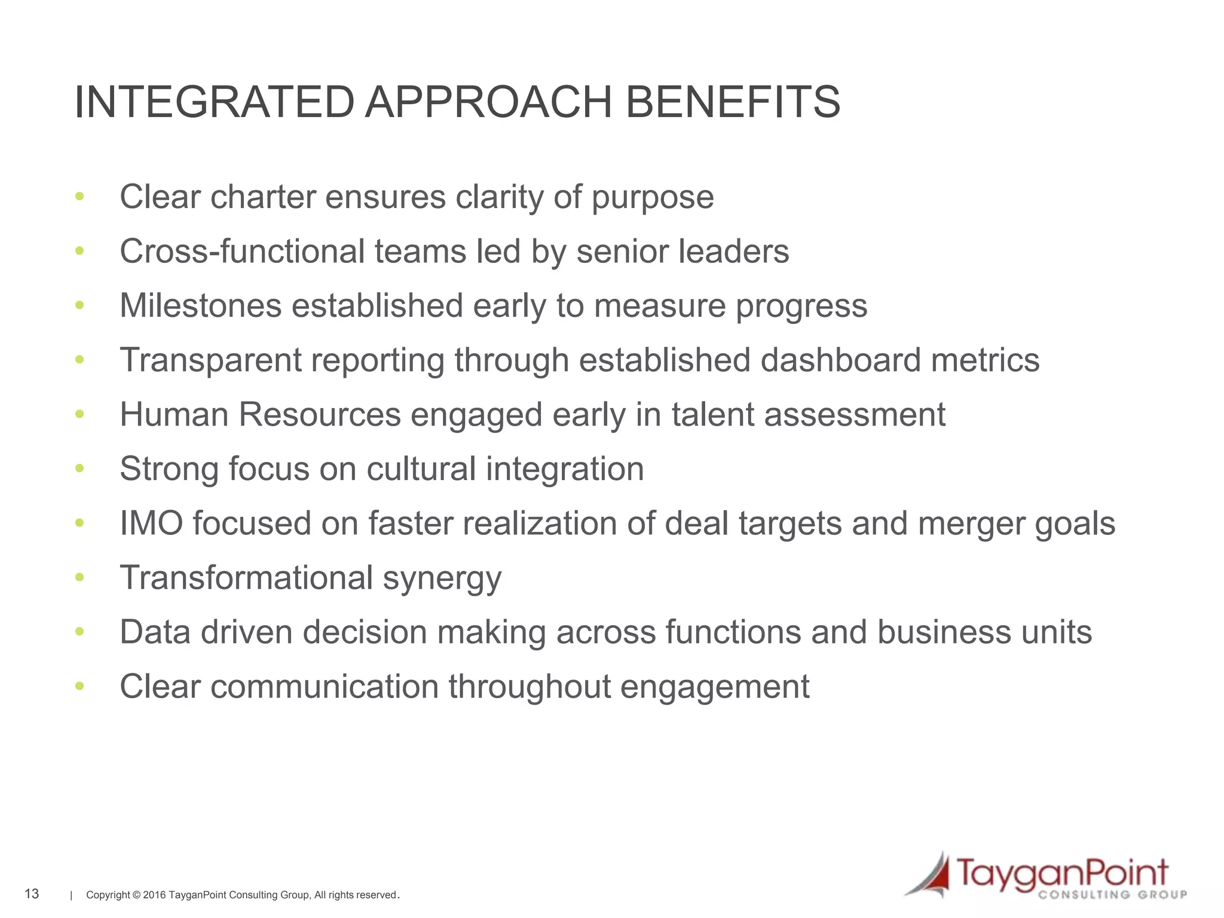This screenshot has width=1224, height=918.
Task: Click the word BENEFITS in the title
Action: (733, 102)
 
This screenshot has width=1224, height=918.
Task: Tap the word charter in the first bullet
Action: (263, 197)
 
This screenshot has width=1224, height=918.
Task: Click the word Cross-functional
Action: (242, 251)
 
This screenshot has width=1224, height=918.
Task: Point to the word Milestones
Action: (201, 305)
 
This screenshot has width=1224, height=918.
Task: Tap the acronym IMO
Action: (151, 523)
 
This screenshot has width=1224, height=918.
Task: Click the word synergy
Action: (442, 579)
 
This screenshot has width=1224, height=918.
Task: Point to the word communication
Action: (325, 686)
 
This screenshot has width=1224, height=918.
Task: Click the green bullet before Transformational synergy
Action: (79, 577)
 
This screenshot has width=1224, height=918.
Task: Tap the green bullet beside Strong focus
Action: (79, 469)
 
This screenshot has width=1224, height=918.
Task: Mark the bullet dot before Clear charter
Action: (79, 197)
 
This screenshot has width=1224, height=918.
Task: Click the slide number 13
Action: (32, 893)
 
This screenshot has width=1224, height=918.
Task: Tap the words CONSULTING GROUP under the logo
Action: (1112, 895)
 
